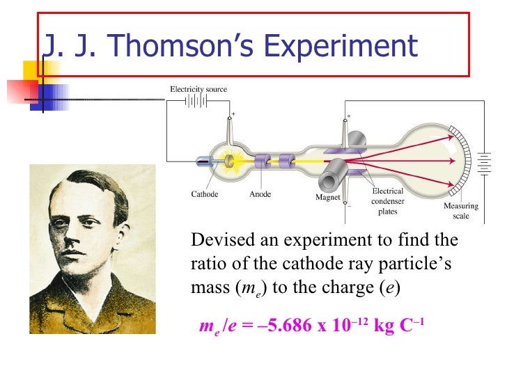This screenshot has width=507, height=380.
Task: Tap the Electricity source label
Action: point(198,89)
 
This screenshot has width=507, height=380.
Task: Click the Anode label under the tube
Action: point(260,195)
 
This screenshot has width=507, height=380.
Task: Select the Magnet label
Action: point(327,198)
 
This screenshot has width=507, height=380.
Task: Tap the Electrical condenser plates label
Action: point(387,200)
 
